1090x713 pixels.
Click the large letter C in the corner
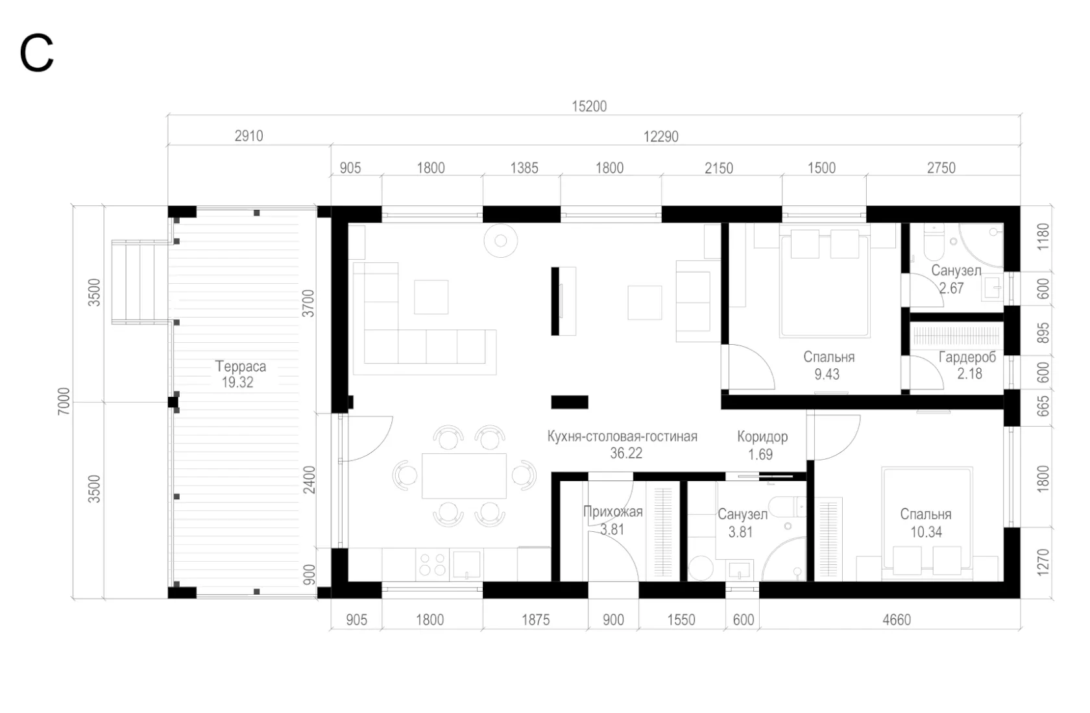point(36,53)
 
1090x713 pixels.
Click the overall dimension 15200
point(589,106)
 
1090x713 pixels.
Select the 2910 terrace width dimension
point(248,136)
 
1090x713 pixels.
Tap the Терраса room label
point(240,366)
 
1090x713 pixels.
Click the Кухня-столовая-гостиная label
point(622,436)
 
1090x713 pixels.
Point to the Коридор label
point(762,436)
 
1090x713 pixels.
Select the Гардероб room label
point(967,357)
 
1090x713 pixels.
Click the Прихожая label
point(612,512)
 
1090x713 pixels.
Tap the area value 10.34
point(926,532)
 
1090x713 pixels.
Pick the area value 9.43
point(827,375)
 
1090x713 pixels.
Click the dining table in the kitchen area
point(464,476)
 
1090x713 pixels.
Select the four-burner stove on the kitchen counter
point(433,564)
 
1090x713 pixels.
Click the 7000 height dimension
point(64,401)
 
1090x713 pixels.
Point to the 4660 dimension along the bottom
point(897,620)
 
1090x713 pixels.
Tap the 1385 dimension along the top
point(524,168)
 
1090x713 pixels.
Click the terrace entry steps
point(140,282)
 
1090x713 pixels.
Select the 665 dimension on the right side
point(1043,407)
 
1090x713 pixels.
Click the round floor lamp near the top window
point(501,240)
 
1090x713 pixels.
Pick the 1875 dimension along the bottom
point(535,620)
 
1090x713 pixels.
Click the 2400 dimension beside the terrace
point(309,480)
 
